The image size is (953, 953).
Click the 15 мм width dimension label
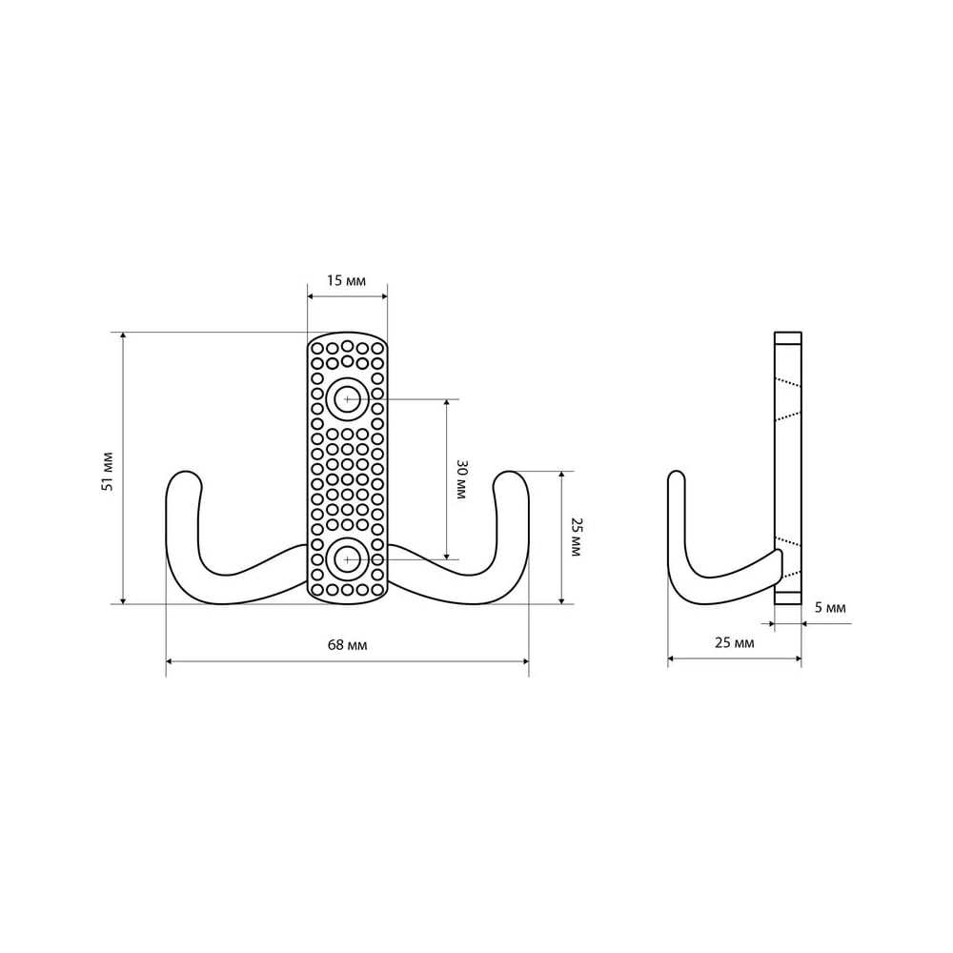tap(347, 281)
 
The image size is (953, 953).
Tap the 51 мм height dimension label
tap(108, 471)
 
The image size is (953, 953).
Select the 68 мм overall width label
tap(347, 645)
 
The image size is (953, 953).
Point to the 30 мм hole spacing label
tap(461, 479)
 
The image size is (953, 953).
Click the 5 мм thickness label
tap(830, 607)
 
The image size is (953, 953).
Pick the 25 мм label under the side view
tap(734, 642)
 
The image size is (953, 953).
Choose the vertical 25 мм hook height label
tap(577, 537)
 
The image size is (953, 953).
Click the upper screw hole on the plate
tap(347, 399)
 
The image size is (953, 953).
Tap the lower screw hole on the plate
tap(347, 559)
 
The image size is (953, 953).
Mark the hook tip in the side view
tap(677, 476)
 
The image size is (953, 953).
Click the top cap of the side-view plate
tap(788, 338)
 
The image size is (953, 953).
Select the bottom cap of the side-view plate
tap(788, 598)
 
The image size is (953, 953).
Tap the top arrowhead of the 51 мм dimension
tap(123, 336)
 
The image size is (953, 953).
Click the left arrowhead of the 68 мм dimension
tap(171, 660)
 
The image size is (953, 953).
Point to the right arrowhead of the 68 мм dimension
tap(524, 660)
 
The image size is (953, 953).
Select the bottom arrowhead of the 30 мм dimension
tap(447, 555)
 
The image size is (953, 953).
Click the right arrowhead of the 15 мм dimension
tap(382, 296)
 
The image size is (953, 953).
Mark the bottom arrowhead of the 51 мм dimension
tap(123, 599)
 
